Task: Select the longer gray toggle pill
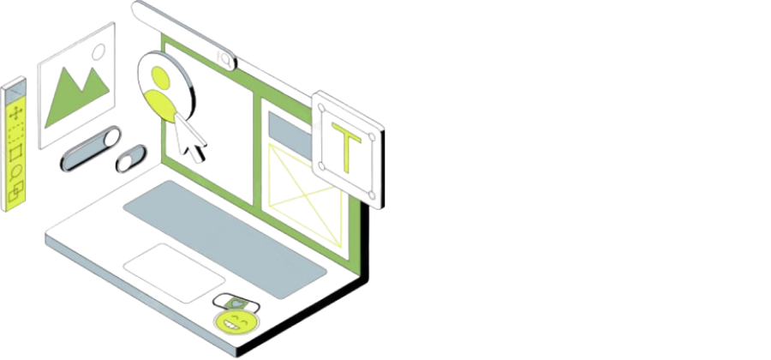pyautogui.click(x=89, y=148)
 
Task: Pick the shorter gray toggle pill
pyautogui.click(x=131, y=159)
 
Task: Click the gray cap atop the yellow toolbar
pyautogui.click(x=13, y=89)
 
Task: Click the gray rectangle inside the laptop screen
pyautogui.click(x=280, y=128)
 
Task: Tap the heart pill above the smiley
pyautogui.click(x=231, y=301)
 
